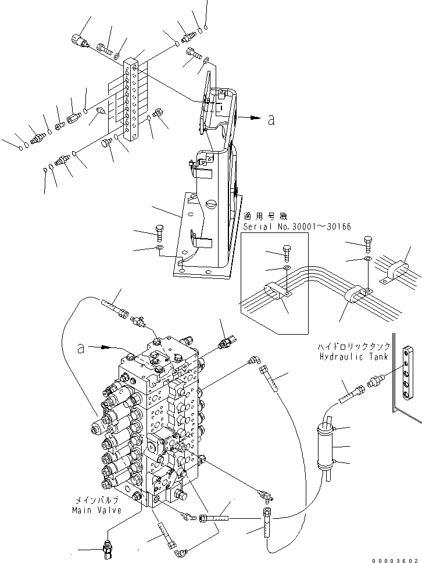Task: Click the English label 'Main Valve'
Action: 97,510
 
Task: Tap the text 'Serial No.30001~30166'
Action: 298,226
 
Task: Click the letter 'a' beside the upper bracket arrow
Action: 271,120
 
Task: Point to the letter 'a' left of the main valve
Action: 82,348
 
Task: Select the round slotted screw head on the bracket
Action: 210,204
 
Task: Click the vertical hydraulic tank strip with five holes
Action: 411,378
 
